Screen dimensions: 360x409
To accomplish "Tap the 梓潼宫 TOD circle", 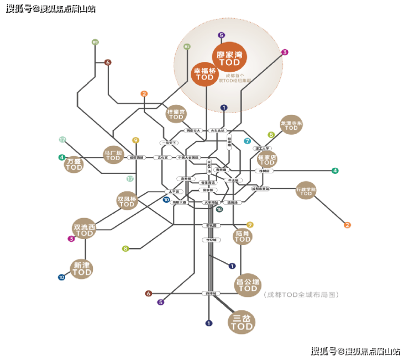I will [176, 114].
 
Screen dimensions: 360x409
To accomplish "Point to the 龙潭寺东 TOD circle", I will [291, 125].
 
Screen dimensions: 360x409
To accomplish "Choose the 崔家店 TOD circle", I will [268, 160].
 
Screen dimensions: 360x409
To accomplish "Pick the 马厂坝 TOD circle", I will [113, 155].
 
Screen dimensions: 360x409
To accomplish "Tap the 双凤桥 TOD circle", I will [127, 201].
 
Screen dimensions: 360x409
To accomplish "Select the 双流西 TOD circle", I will [85, 230].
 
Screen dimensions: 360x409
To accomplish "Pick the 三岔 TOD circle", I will [242, 322].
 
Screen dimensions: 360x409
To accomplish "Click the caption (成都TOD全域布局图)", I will [301, 295].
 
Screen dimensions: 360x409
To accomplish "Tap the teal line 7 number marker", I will [247, 141].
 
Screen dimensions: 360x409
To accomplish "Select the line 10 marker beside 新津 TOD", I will [61, 277].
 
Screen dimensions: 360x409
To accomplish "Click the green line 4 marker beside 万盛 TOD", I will [62, 157].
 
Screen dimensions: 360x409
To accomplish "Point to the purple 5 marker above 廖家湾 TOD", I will [222, 35].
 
